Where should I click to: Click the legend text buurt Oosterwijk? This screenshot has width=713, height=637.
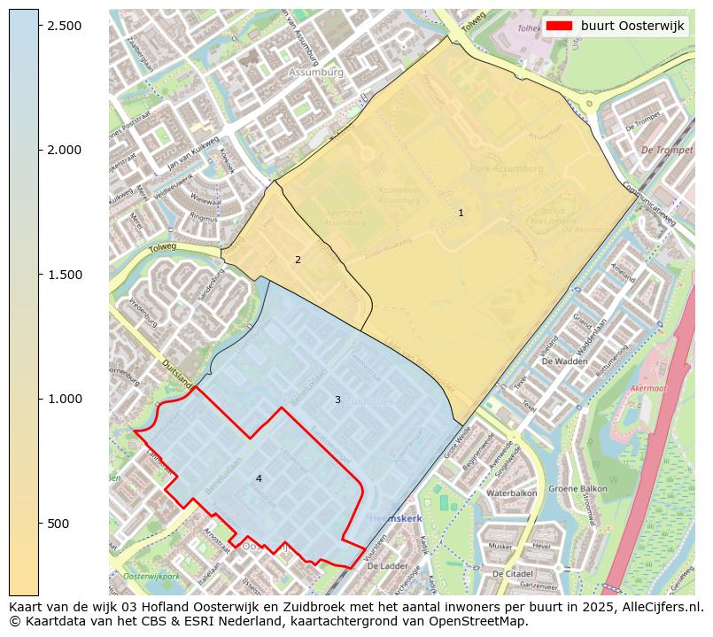(632, 27)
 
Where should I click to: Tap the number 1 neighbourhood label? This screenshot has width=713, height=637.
(461, 213)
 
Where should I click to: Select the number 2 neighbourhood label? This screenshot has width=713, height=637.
(298, 260)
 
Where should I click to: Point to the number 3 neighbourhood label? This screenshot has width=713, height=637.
(337, 400)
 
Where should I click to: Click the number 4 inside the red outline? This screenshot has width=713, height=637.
(259, 478)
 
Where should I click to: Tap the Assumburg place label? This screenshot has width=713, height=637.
(315, 73)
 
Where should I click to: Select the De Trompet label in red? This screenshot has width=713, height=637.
(667, 151)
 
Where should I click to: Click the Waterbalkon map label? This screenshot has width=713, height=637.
(512, 493)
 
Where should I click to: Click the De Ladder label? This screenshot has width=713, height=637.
(385, 564)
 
